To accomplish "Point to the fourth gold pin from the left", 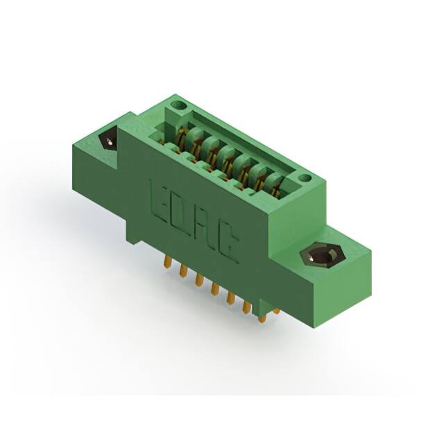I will (215, 288).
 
